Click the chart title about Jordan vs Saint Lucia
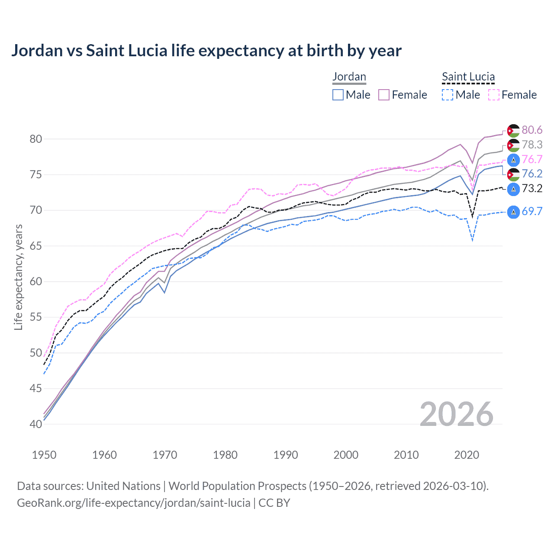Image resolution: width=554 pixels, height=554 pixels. [x=206, y=51]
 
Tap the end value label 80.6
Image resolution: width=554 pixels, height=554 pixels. [x=532, y=130]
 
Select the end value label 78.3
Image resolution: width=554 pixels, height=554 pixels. [x=532, y=145]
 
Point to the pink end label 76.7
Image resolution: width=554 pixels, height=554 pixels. [x=532, y=159]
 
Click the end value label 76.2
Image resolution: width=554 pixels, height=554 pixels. [x=532, y=174]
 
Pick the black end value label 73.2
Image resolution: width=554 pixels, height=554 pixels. [x=532, y=189]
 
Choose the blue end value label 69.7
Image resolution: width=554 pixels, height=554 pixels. [x=532, y=212]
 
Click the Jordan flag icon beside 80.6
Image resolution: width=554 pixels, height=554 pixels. [x=513, y=131]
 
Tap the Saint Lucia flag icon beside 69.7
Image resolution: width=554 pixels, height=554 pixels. [x=513, y=212]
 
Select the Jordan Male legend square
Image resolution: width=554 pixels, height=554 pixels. [x=338, y=95]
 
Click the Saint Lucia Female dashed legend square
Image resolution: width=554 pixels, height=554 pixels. [x=494, y=95]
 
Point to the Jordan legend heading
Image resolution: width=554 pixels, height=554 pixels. [x=349, y=77]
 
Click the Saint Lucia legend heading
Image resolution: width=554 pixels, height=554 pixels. [x=468, y=77]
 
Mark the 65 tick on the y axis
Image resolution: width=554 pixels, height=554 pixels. [x=36, y=246]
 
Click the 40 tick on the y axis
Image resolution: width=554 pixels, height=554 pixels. [x=36, y=424]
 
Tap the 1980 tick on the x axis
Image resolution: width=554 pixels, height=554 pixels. [x=225, y=455]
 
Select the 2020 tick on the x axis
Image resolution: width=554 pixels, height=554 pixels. [x=467, y=455]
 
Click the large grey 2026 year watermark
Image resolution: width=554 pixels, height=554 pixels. [x=457, y=414]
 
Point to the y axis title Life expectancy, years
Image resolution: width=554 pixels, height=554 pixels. [x=18, y=277]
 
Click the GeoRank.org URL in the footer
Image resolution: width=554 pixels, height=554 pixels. [x=133, y=503]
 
